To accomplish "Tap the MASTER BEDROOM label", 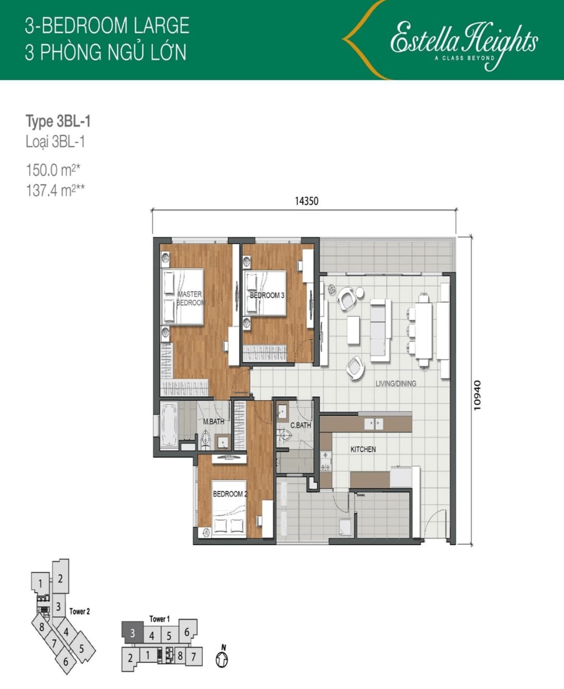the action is [x=190, y=298].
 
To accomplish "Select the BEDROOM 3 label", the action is [x=267, y=295].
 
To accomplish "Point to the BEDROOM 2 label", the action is [x=230, y=494].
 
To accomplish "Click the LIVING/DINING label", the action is [x=396, y=384].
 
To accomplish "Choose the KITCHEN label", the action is [x=363, y=449].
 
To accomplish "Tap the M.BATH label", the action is [x=214, y=422].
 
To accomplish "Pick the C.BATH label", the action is [x=301, y=425].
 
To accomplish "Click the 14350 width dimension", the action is [x=306, y=201].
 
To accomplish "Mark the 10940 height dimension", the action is [x=477, y=395].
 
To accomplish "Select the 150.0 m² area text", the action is [x=53, y=170].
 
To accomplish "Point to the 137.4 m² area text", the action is [x=55, y=190].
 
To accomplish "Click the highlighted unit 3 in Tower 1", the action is [x=133, y=633].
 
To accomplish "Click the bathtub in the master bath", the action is [x=169, y=425].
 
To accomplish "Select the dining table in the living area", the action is [x=423, y=330].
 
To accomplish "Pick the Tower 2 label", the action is [x=79, y=611].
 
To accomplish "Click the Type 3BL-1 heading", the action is [x=58, y=121].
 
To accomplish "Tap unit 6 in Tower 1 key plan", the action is [x=187, y=632].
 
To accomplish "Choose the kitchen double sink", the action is [x=374, y=424].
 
